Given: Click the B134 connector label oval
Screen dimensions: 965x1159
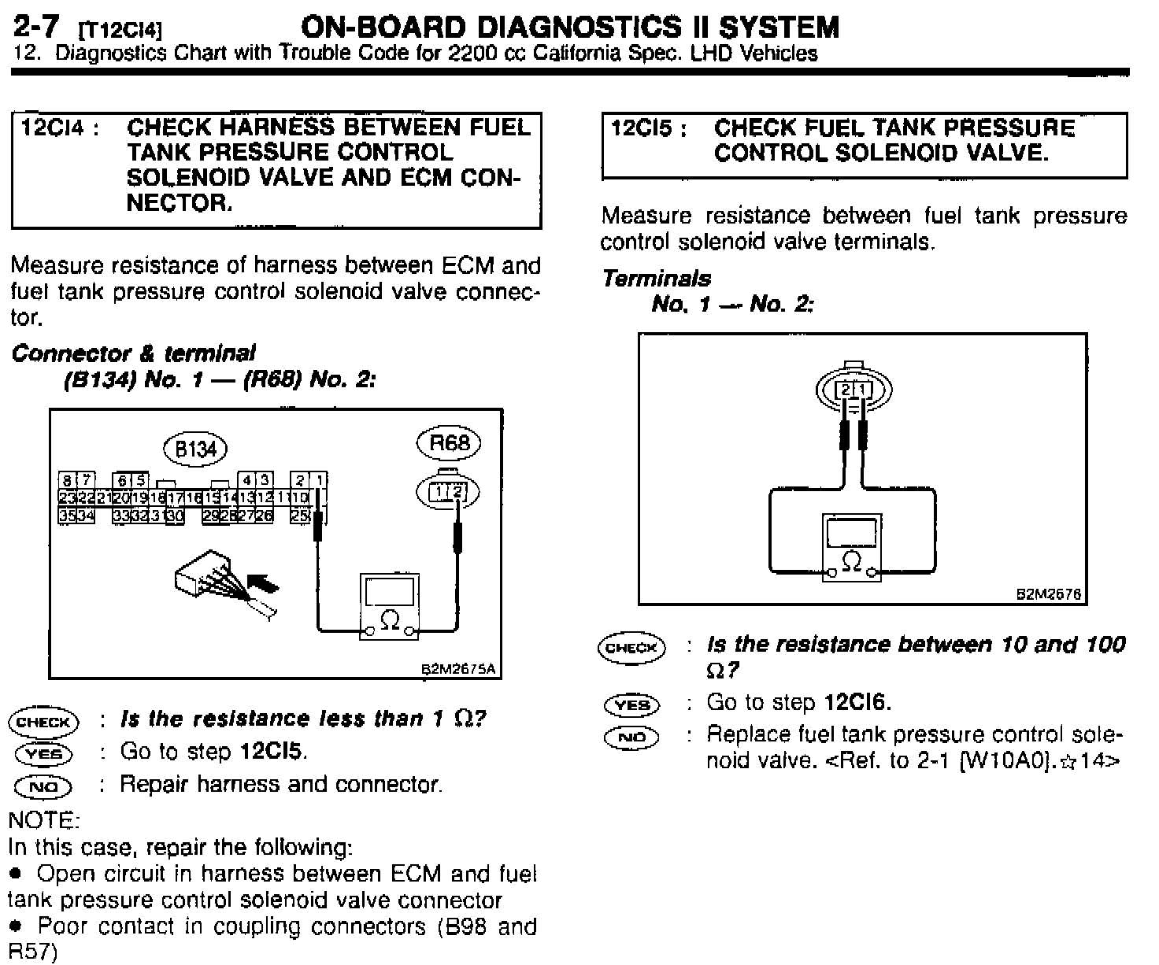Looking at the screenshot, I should (x=194, y=449).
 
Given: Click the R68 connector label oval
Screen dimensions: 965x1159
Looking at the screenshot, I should (x=448, y=443).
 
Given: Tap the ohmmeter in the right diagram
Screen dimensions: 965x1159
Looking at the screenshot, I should (x=852, y=547).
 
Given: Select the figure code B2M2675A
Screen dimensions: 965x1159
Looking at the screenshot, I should (x=460, y=670).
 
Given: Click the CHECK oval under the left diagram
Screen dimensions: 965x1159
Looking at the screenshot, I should (x=43, y=722).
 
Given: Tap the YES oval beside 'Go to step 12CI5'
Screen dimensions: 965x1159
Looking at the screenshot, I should (x=43, y=753).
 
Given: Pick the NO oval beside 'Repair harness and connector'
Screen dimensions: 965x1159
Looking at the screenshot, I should (x=43, y=786).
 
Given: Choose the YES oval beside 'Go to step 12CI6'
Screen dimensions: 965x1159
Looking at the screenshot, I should (x=632, y=704).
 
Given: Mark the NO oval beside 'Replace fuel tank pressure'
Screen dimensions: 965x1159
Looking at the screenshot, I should (x=632, y=738).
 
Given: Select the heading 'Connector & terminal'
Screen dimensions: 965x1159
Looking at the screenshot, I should (x=133, y=353).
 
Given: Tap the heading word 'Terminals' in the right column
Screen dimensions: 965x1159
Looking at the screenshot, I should (x=657, y=279).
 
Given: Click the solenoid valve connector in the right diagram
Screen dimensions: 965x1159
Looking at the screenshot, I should (x=854, y=388).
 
